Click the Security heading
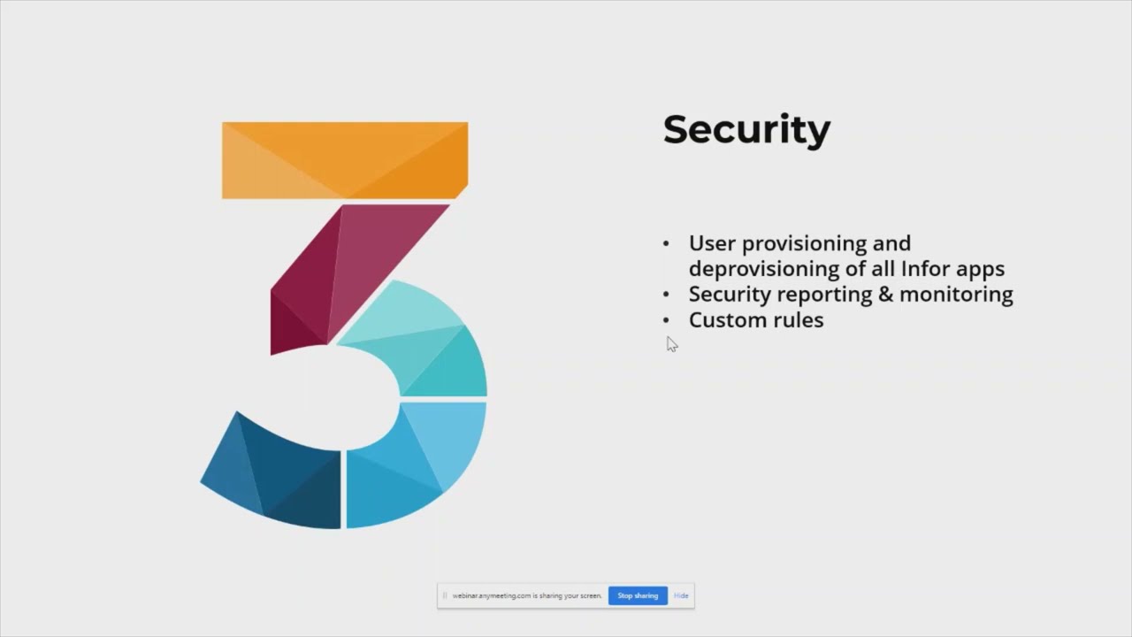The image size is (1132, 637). point(746,129)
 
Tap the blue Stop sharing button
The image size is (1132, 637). point(638,595)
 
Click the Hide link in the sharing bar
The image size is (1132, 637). point(681,595)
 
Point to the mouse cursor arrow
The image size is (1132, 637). point(671,343)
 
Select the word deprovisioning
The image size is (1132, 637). point(767,268)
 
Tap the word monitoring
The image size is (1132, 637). point(956,294)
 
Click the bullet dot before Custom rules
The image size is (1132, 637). point(666,320)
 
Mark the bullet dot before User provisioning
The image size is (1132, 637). point(666,243)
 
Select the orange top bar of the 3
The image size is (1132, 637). point(344,159)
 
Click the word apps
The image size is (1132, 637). point(979,268)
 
